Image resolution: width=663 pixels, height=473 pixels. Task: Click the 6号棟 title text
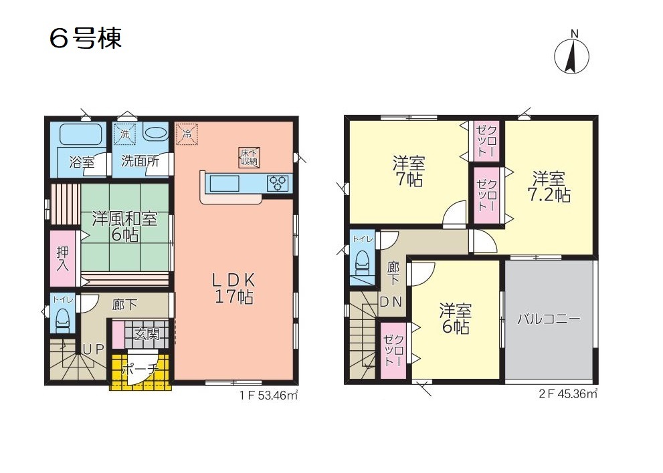[86, 39]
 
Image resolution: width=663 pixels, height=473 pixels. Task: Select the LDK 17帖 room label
[234, 289]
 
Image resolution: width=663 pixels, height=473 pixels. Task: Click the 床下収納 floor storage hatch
[250, 157]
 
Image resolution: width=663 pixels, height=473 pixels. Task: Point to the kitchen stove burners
[278, 184]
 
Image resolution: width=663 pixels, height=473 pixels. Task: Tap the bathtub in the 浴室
[80, 134]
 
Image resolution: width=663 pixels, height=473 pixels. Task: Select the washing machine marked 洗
[124, 134]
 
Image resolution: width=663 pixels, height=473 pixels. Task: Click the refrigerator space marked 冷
[187, 134]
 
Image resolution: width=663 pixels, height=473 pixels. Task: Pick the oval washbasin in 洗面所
[155, 132]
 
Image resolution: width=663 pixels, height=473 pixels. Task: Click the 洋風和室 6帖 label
[125, 226]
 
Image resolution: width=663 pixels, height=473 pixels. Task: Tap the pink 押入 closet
[63, 258]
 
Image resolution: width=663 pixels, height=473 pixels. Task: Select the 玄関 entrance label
[147, 335]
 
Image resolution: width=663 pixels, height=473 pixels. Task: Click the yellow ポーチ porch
[140, 371]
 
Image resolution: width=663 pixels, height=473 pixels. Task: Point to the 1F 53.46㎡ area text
[270, 396]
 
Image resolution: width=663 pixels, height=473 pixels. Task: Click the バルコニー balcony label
[549, 319]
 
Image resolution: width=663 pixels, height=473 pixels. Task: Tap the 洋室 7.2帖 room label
[549, 186]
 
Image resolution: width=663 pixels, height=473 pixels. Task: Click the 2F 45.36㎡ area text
[569, 393]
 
